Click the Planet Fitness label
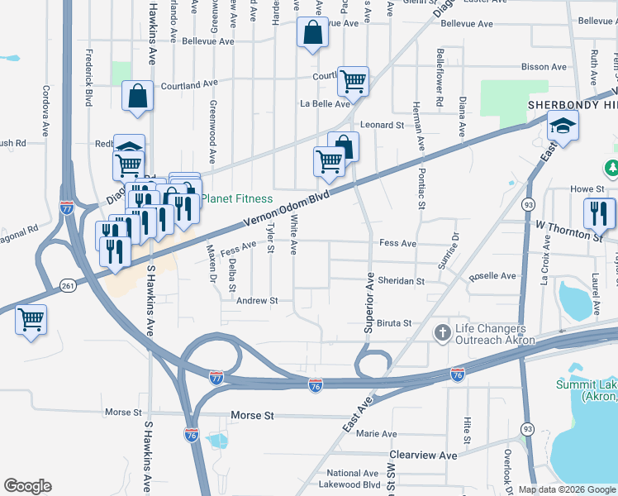[x=237, y=198]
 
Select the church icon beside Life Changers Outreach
[x=443, y=333]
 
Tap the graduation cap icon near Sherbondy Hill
[x=563, y=126]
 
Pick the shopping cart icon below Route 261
[x=31, y=318]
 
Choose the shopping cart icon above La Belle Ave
[x=353, y=81]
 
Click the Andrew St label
[x=257, y=302]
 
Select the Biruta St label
[x=394, y=323]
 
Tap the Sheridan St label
[x=401, y=281]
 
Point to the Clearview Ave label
[x=423, y=455]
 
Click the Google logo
[x=27, y=486]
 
